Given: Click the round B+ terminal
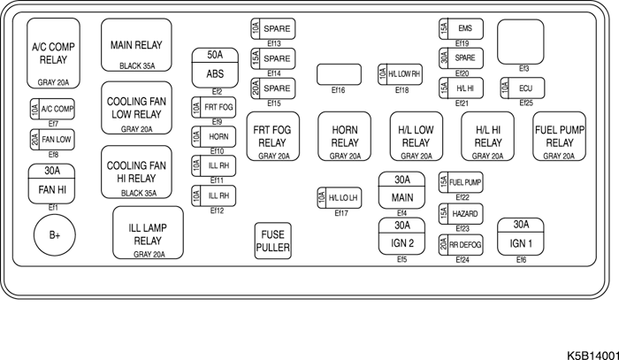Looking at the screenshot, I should (x=55, y=234).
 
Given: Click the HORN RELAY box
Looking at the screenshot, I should (x=344, y=136).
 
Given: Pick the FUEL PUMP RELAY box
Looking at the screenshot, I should (x=559, y=136).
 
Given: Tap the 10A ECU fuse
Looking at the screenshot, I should (x=519, y=88).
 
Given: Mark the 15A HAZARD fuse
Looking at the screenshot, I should (x=460, y=215).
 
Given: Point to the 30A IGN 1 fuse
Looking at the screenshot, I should (x=521, y=234).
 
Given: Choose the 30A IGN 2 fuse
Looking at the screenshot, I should (x=401, y=235).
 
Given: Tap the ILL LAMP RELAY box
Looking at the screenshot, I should (x=148, y=234).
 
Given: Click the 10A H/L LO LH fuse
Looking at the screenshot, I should (x=336, y=197).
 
